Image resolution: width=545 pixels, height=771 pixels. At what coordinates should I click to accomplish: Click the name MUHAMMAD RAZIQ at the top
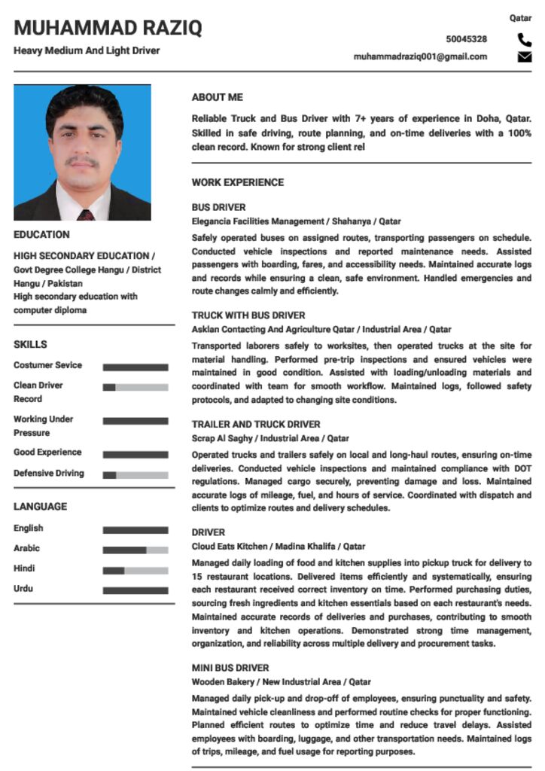(x=108, y=29)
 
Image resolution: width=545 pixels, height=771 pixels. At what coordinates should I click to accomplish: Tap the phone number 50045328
(x=466, y=39)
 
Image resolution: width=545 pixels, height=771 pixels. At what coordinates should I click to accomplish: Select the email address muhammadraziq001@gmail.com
(x=420, y=56)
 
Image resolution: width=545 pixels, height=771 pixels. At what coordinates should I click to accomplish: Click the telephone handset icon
(x=524, y=40)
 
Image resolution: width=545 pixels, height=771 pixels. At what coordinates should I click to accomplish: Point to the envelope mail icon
(x=524, y=57)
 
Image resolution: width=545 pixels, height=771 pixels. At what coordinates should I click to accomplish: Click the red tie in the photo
(x=85, y=215)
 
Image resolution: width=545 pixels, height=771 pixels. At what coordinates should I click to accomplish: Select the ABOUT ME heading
(x=217, y=98)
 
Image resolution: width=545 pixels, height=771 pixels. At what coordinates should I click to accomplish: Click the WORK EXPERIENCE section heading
(x=237, y=182)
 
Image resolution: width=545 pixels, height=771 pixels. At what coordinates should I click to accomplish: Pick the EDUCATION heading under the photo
(x=41, y=235)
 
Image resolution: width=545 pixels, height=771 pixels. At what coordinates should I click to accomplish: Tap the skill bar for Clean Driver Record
(x=135, y=387)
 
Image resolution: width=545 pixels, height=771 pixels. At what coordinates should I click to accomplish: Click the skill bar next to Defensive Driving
(x=135, y=475)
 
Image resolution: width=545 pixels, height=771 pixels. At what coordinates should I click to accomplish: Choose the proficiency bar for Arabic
(x=135, y=550)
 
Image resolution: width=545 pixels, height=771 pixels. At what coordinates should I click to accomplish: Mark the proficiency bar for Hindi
(x=135, y=571)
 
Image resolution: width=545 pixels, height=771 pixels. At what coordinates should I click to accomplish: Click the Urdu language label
(x=23, y=589)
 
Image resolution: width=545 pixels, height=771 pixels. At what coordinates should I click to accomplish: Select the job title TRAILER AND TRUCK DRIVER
(x=255, y=424)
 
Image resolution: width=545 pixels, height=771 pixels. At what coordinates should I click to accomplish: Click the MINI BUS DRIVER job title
(x=230, y=668)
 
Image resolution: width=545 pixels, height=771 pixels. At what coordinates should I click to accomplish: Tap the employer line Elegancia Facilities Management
(x=296, y=221)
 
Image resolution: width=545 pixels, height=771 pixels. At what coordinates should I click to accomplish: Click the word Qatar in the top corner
(x=520, y=17)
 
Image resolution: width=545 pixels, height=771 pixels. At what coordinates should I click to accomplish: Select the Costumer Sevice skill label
(x=47, y=365)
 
